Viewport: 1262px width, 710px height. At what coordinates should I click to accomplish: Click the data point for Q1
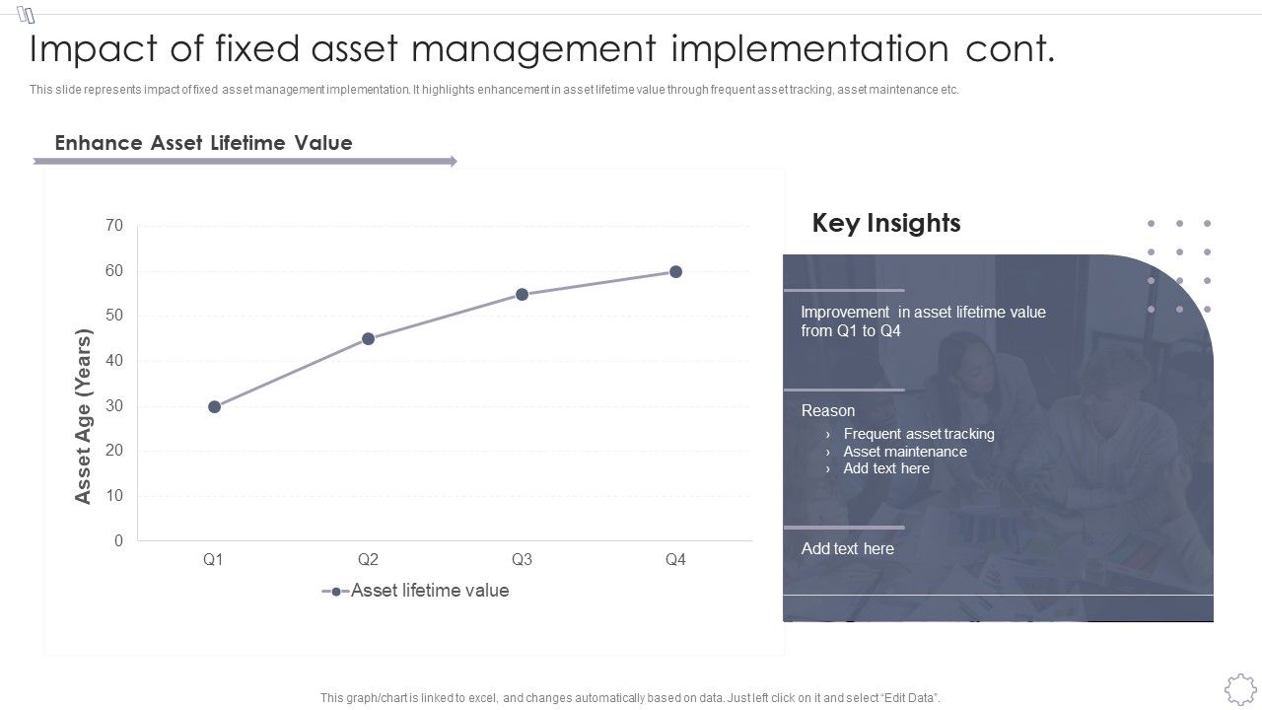214,406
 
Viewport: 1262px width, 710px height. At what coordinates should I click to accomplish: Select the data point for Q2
368,338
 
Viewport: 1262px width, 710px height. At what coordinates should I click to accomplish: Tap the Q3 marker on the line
522,294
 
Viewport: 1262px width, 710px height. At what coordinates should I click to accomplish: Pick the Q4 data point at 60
675,271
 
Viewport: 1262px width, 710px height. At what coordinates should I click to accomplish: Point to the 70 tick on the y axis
114,226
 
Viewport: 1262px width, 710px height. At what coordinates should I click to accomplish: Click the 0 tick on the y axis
118,540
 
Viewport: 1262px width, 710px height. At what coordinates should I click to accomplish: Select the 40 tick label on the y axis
114,361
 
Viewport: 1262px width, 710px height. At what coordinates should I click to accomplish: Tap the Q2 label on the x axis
368,559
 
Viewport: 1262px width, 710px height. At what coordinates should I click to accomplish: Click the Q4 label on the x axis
675,559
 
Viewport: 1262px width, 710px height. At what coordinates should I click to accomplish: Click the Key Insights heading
885,223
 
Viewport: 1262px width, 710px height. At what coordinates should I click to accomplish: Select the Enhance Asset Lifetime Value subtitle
203,143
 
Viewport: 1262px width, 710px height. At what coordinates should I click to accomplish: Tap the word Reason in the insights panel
827,410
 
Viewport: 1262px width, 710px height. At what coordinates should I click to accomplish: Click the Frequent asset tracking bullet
918,434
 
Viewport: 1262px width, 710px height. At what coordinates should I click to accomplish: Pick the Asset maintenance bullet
904,452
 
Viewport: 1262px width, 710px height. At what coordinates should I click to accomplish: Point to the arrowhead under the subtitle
453,161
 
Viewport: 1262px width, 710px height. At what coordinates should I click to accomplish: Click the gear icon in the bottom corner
1239,688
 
